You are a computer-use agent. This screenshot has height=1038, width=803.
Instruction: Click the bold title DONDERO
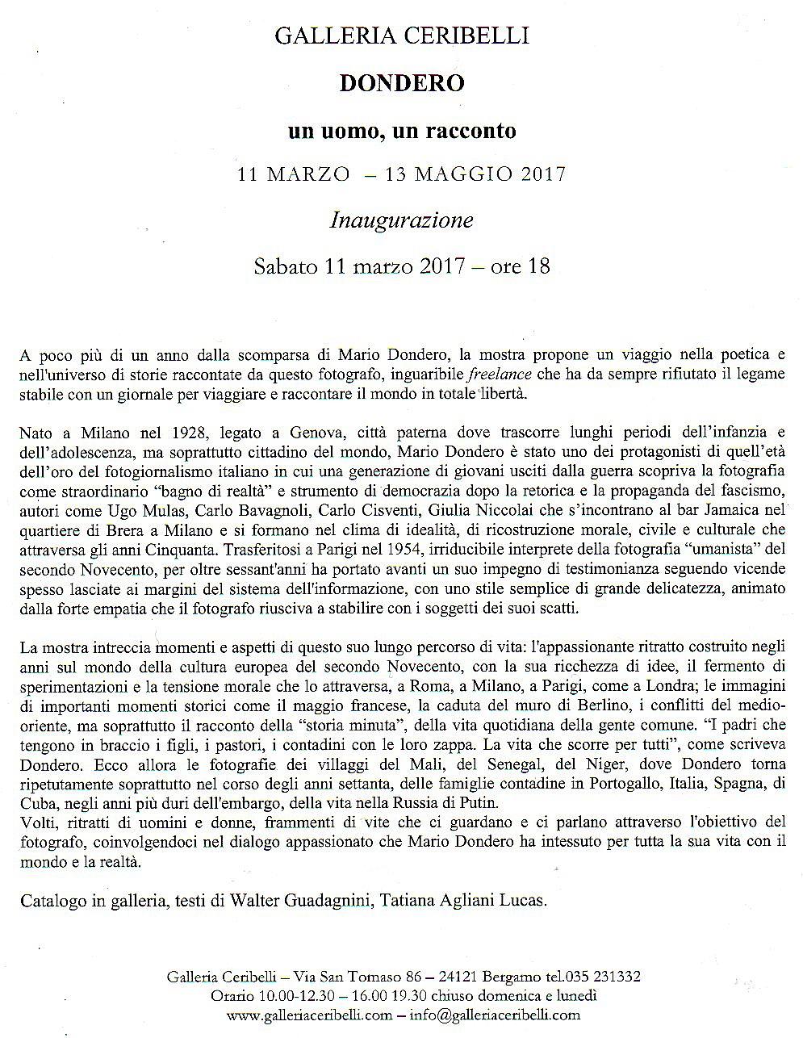[402, 82]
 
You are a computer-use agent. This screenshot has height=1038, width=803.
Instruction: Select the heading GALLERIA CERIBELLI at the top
[402, 36]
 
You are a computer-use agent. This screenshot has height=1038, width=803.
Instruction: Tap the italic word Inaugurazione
[401, 220]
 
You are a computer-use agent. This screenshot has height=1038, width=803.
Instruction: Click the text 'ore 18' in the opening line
[520, 266]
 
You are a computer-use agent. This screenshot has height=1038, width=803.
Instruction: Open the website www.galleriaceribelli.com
[310, 1015]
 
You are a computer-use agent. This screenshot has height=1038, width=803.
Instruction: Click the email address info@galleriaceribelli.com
[494, 1015]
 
